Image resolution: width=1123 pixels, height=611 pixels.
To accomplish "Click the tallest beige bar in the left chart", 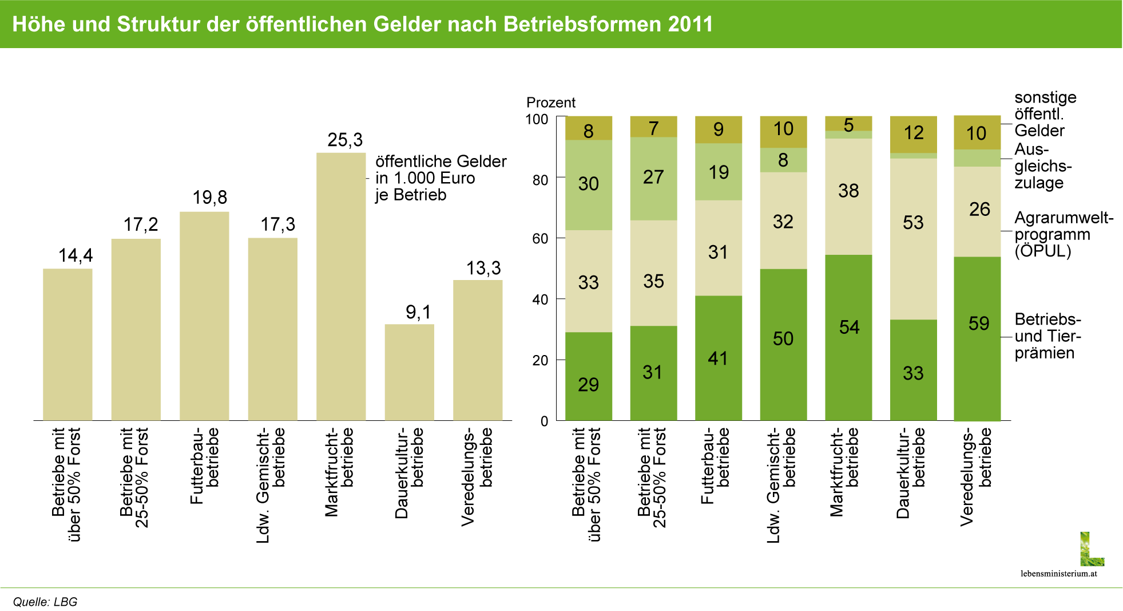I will (x=341, y=286).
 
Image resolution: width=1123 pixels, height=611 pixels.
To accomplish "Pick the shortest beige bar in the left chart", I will (x=409, y=372).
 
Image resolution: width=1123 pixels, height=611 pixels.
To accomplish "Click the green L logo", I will (x=1091, y=549).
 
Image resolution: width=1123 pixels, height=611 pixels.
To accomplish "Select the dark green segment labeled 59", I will (x=977, y=338).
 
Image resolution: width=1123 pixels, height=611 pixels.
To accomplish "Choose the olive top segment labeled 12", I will (x=913, y=133).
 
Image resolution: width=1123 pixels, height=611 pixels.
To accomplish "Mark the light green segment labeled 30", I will (x=589, y=184).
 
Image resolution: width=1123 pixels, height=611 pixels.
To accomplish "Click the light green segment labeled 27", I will (x=653, y=178).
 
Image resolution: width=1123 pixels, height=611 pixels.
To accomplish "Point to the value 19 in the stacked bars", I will (x=719, y=172).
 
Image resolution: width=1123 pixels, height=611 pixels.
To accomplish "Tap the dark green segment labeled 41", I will (x=719, y=358).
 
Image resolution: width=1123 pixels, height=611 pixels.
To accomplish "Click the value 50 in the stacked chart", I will (x=783, y=338).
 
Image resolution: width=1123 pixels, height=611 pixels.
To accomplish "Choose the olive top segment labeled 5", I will (x=848, y=124).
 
